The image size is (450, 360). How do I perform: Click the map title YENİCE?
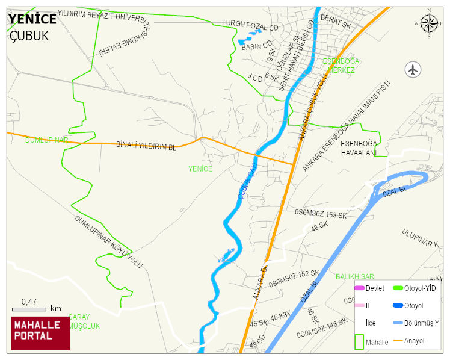tap(32, 19)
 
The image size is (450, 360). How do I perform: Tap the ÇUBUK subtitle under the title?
tap(29, 36)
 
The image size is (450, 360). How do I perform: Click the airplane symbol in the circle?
tap(413, 69)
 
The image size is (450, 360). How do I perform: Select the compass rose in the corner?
tap(429, 23)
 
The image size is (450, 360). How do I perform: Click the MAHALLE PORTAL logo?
tap(41, 333)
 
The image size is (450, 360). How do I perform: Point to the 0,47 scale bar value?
tap(29, 301)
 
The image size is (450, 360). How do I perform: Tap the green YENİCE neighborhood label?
tap(200, 169)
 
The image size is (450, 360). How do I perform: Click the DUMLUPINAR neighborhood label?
tap(47, 140)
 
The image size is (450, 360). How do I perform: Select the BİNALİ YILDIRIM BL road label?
tap(146, 146)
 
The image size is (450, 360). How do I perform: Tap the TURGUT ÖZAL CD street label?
tap(251, 26)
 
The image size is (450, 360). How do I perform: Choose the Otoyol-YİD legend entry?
tap(422, 288)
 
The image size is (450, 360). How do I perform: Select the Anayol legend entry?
tap(415, 341)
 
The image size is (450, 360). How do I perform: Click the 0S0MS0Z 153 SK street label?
tap(321, 214)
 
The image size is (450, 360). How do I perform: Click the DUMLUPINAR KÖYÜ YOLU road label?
tap(108, 243)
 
